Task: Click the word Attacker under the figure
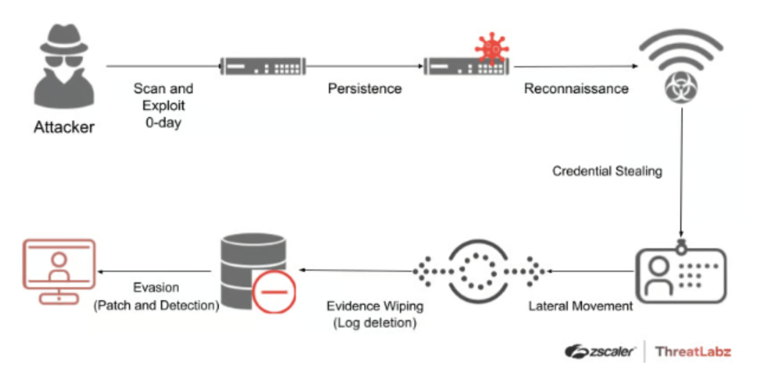(x=64, y=128)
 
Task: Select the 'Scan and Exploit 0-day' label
(x=163, y=105)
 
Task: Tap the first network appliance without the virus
(x=263, y=67)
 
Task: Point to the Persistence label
(x=364, y=89)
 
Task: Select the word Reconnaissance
(x=576, y=89)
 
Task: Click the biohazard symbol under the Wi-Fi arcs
(x=681, y=89)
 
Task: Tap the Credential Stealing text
(x=607, y=171)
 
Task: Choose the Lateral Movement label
(x=580, y=307)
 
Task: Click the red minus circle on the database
(x=273, y=291)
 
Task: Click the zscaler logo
(x=599, y=351)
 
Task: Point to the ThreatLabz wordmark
(x=692, y=351)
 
